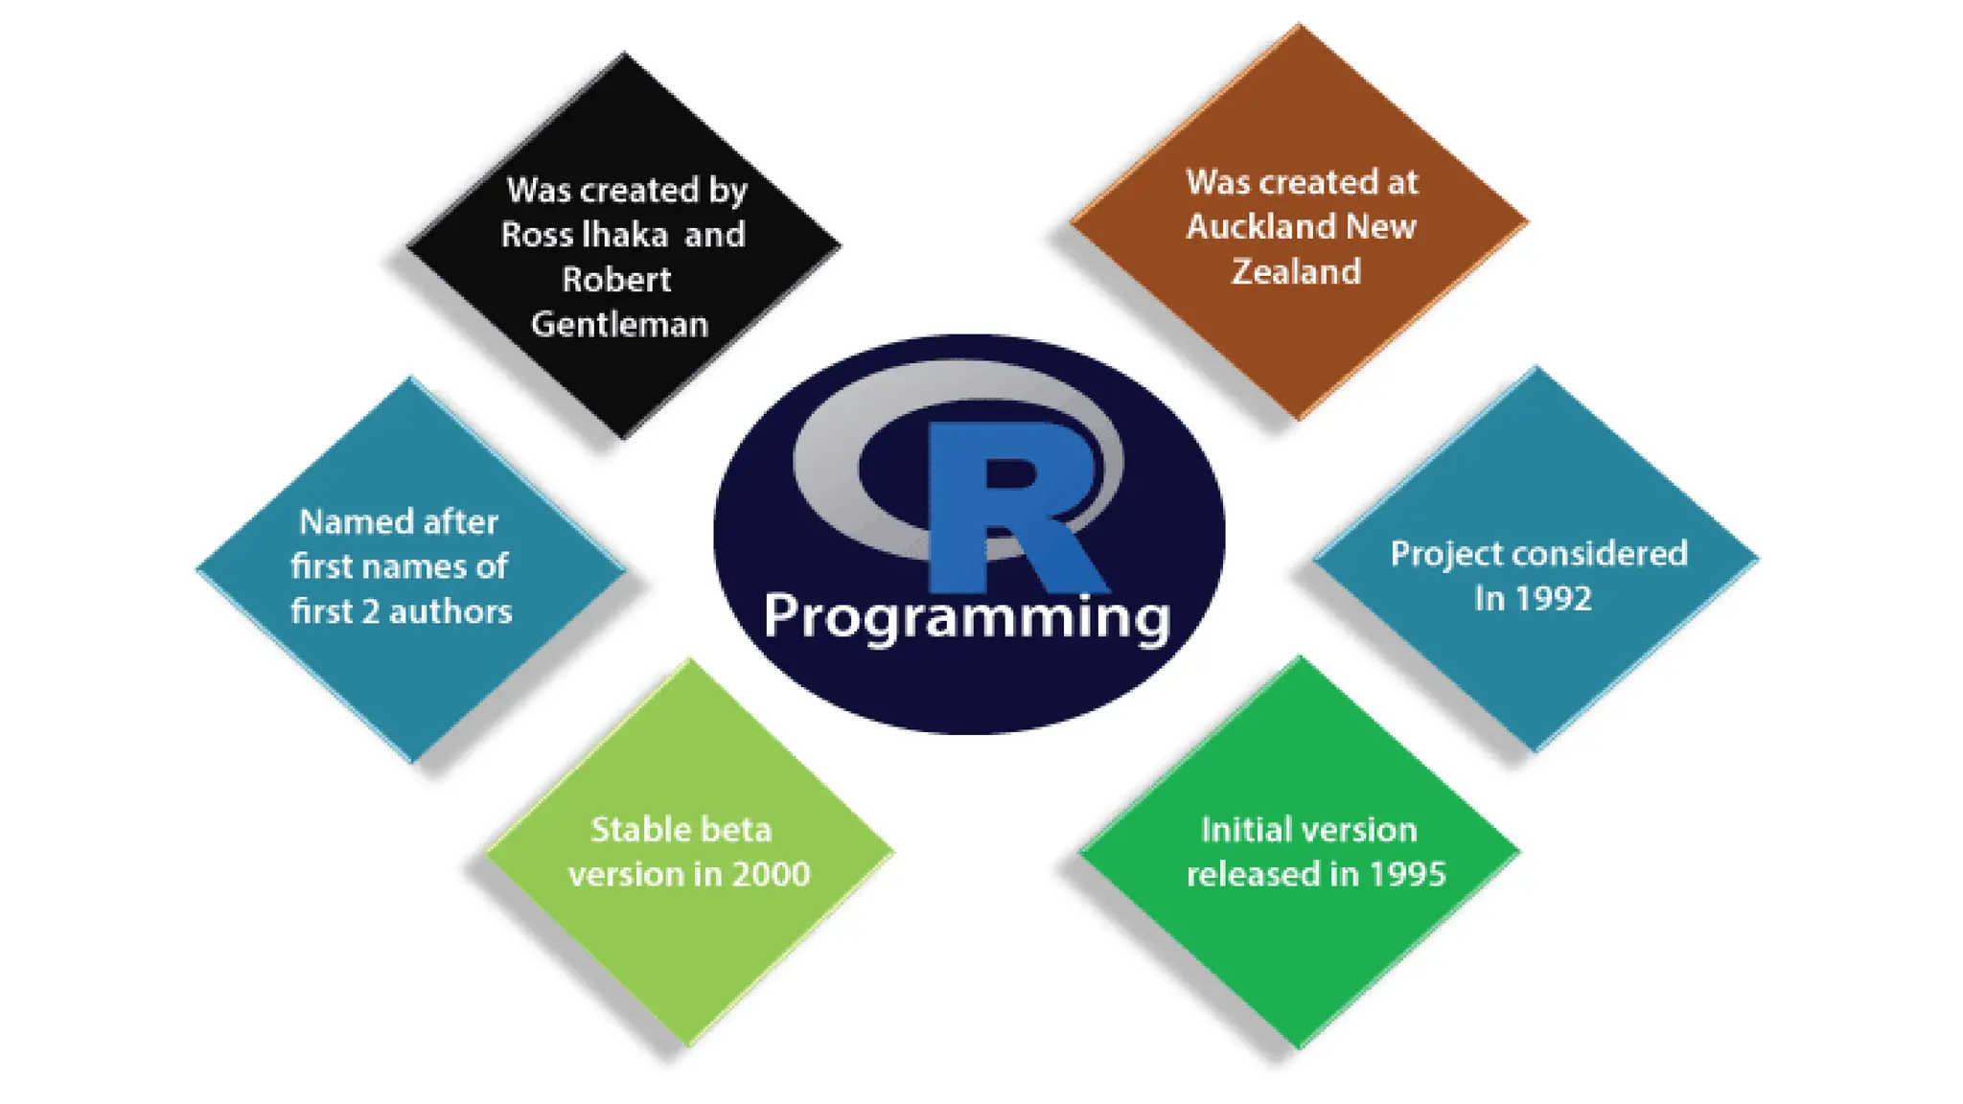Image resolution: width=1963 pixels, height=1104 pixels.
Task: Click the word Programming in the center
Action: point(966,616)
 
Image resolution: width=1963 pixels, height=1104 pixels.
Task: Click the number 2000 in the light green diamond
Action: point(771,874)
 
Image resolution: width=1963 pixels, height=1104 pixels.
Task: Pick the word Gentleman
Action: point(619,325)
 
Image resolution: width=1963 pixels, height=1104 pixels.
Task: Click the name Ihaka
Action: point(625,235)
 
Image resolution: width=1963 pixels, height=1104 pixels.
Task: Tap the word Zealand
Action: point(1296,272)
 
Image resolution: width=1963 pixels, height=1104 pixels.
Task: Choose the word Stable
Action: point(629,830)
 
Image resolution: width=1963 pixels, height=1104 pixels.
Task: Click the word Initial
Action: point(1239,830)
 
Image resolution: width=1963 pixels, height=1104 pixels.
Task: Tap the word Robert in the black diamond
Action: point(616,280)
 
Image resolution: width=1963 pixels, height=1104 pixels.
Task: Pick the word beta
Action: point(735,830)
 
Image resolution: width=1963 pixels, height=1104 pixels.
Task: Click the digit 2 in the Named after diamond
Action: point(371,611)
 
